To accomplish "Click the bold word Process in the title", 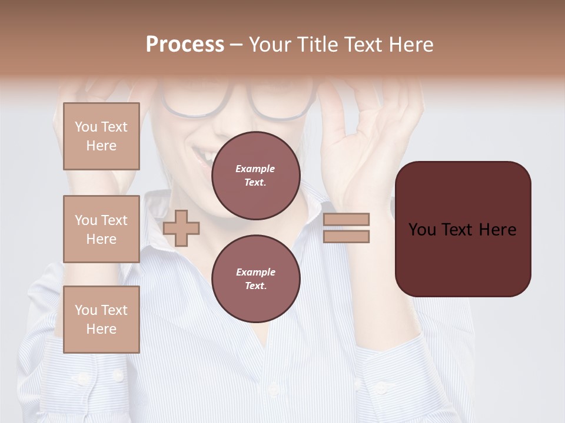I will coord(185,45).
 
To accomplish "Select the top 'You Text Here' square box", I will coord(101,136).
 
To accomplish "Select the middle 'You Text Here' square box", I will coord(101,229).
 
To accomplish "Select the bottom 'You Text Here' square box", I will coord(101,320).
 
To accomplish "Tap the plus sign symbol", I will coord(181,228).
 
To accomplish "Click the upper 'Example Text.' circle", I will coord(255,176).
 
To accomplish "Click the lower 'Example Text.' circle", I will coord(255,279).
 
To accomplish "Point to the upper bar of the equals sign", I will coord(346,219).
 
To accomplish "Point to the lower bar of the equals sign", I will coord(346,237).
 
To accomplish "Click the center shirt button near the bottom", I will coord(272,389).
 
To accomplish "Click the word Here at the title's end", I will coord(410,45).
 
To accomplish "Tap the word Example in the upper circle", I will coord(255,169).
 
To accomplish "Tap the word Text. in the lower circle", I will coord(255,286).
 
